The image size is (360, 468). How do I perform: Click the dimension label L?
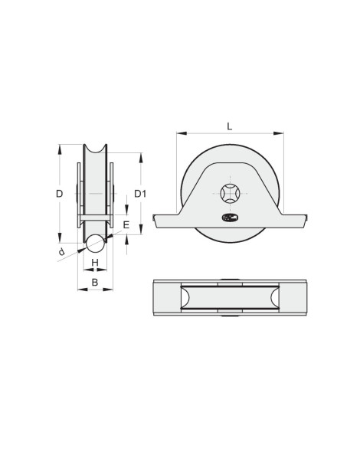click(x=230, y=125)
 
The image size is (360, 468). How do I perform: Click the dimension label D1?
click(x=140, y=194)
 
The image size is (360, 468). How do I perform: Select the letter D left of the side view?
click(x=59, y=194)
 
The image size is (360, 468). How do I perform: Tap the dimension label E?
click(x=126, y=225)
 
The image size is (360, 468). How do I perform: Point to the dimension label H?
click(x=95, y=263)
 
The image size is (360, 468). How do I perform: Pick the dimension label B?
click(x=95, y=282)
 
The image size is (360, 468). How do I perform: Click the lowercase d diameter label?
click(x=61, y=252)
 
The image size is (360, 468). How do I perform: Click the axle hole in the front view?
click(x=230, y=193)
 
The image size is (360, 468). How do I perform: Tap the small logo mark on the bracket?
click(x=230, y=218)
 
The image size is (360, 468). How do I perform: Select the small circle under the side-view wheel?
click(x=95, y=244)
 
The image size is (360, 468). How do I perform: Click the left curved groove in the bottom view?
click(x=185, y=299)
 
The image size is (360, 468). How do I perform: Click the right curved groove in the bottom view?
click(x=274, y=299)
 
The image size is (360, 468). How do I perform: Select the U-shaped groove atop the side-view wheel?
click(x=95, y=149)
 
